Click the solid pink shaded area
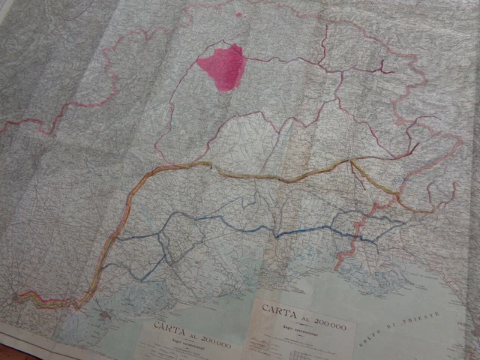point(222,66)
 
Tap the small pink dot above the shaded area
point(238,14)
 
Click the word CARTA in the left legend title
point(169,327)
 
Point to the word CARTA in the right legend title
point(278,308)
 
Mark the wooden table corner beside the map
point(11,352)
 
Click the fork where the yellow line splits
point(352,160)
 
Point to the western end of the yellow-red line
point(18,295)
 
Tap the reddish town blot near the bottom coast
point(104,313)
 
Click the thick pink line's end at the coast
point(337,265)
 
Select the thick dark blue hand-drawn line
point(225,221)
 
